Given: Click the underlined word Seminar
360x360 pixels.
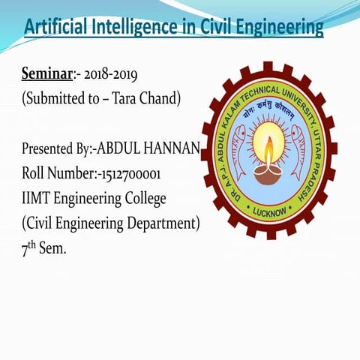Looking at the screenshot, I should pos(46,75).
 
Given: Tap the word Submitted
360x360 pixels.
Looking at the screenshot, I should pos(56,98).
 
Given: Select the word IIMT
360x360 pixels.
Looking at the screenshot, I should pos(37,198).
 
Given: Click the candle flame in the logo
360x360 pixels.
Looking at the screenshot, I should pos(268,145).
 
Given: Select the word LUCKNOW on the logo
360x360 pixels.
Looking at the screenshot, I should pos(270,212).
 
